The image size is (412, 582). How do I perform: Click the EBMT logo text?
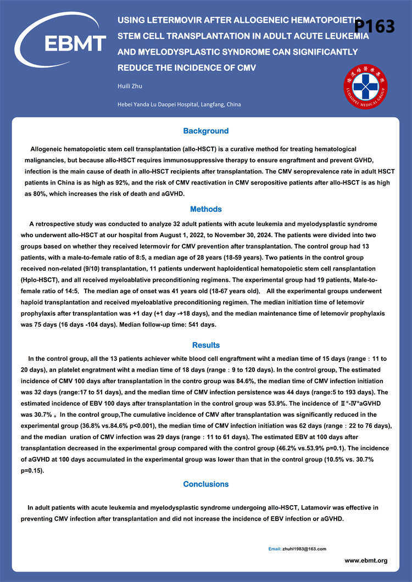tap(75, 42)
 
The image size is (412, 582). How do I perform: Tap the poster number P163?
tap(374, 26)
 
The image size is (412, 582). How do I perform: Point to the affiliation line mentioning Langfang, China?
tap(179, 104)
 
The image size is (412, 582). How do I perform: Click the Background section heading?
tap(205, 131)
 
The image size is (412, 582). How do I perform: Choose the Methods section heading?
tap(205, 209)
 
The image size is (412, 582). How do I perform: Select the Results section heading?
tap(205, 345)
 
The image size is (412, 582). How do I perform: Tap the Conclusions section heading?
tap(205, 484)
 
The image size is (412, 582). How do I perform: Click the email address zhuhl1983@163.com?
tap(305, 549)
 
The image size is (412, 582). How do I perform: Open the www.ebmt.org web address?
tap(366, 561)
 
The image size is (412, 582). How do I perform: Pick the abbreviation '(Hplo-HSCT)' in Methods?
tap(41, 279)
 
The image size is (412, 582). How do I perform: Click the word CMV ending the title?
tap(246, 68)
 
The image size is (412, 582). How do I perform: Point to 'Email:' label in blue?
tap(275, 549)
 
